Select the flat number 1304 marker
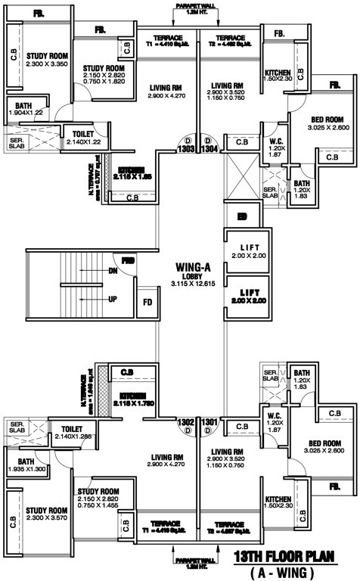point(209,150)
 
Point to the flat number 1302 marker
point(186,421)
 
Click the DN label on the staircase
point(113,270)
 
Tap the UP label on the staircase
point(113,299)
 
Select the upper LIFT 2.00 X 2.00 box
point(249,252)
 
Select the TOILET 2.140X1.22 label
point(82,137)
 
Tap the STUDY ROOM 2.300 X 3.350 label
point(48,60)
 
